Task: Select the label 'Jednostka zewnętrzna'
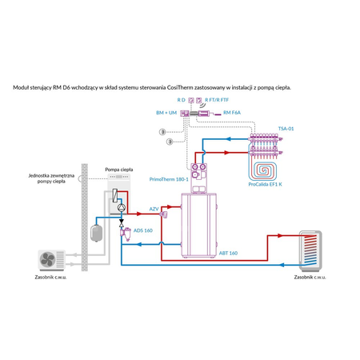tap(50, 175)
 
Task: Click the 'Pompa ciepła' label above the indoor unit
tap(119, 170)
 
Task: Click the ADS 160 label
tap(143, 230)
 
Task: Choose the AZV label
tap(154, 208)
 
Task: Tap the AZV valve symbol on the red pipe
tap(163, 214)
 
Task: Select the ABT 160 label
tap(228, 253)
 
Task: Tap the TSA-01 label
tap(286, 128)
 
